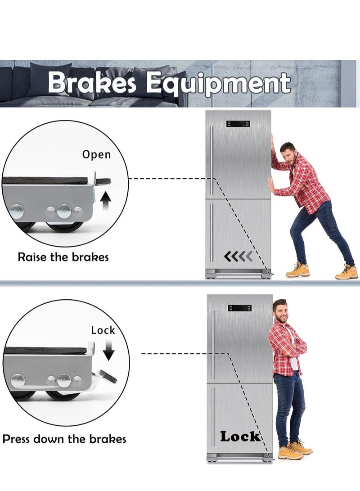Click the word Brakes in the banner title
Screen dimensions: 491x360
tap(93, 83)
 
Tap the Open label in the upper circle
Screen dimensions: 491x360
tap(96, 155)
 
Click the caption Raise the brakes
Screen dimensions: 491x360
tap(63, 257)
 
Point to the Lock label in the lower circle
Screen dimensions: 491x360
tap(103, 330)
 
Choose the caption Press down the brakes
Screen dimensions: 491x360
tap(64, 439)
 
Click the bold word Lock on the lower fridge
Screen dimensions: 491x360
tap(240, 436)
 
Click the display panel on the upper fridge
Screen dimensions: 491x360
tap(238, 124)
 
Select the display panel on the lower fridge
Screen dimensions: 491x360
tap(240, 308)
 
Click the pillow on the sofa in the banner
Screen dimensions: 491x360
tap(49, 77)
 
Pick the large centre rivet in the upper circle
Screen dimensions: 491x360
tap(64, 211)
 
